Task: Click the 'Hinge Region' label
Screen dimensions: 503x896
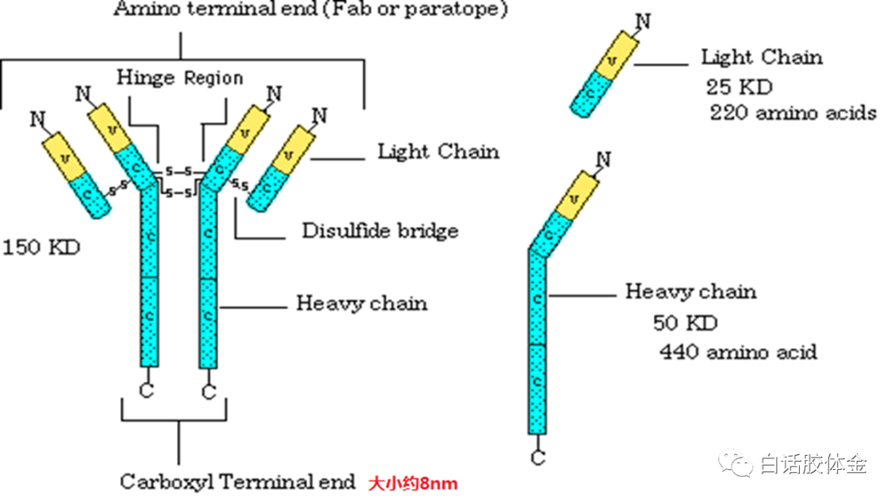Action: [x=180, y=78]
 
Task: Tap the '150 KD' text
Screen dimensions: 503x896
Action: [x=41, y=247]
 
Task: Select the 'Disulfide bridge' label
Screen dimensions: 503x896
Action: [x=380, y=230]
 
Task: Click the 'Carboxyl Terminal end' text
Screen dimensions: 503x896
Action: [x=237, y=481]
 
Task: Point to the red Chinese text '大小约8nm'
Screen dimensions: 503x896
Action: [x=413, y=482]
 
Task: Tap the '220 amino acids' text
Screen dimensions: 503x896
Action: [x=792, y=112]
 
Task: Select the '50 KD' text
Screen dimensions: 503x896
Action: [x=684, y=322]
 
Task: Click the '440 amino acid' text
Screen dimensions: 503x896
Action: [x=738, y=351]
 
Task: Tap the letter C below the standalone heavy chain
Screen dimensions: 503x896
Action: [x=538, y=457]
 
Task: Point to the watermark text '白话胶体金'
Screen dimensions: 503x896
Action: [x=813, y=465]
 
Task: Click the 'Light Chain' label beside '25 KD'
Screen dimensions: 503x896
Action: [x=762, y=57]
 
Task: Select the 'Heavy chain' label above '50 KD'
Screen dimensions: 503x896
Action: [x=690, y=292]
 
